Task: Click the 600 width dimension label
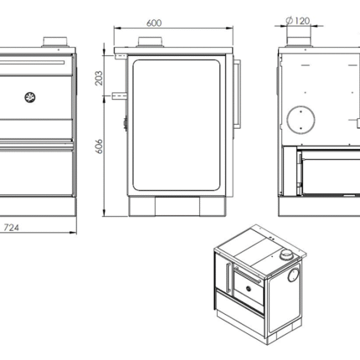tap(154, 23)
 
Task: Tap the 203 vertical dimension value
tap(99, 78)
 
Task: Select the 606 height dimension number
tap(99, 147)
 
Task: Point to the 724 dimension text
tap(11, 228)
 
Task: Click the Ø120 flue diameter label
tap(298, 21)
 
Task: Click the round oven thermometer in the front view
tap(29, 97)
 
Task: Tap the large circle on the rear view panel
tap(301, 120)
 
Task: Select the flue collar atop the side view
tap(150, 42)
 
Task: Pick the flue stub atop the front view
tap(54, 42)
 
